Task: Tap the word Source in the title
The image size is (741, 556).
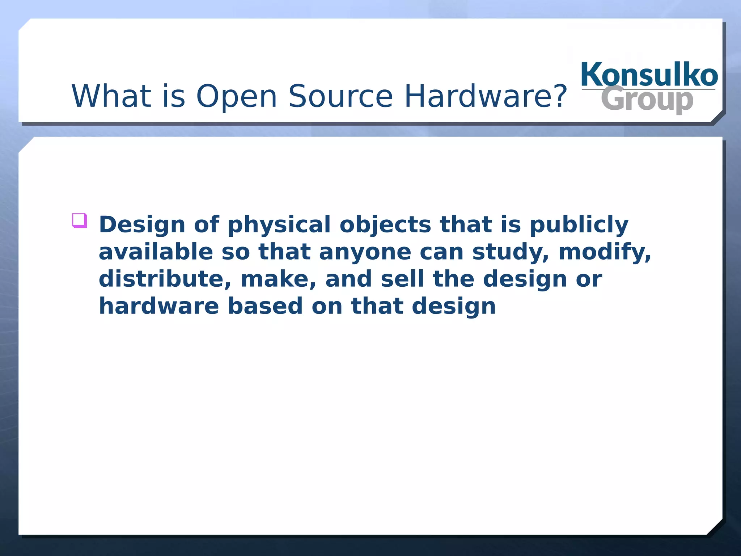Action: coord(340,96)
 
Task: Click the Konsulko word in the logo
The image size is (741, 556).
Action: coord(649,75)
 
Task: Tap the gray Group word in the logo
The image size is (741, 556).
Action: coord(647,99)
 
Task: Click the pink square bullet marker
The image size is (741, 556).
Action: coord(80,220)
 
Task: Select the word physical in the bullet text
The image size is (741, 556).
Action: coord(279,225)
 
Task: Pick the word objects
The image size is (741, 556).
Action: coord(385,224)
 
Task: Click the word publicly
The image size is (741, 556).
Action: coord(579,225)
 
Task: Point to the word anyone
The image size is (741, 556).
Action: coord(365,252)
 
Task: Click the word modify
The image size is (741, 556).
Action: coord(605,252)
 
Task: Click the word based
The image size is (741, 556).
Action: coord(265,306)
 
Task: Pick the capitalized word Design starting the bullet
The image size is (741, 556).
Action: coord(142,225)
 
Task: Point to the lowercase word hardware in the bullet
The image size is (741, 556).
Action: coord(159,306)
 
